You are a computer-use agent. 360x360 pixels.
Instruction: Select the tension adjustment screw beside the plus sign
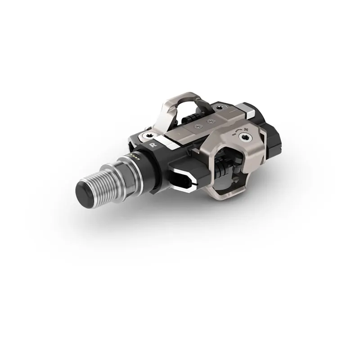pos(245,136)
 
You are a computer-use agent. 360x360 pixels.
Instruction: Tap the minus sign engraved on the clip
pos(232,134)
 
